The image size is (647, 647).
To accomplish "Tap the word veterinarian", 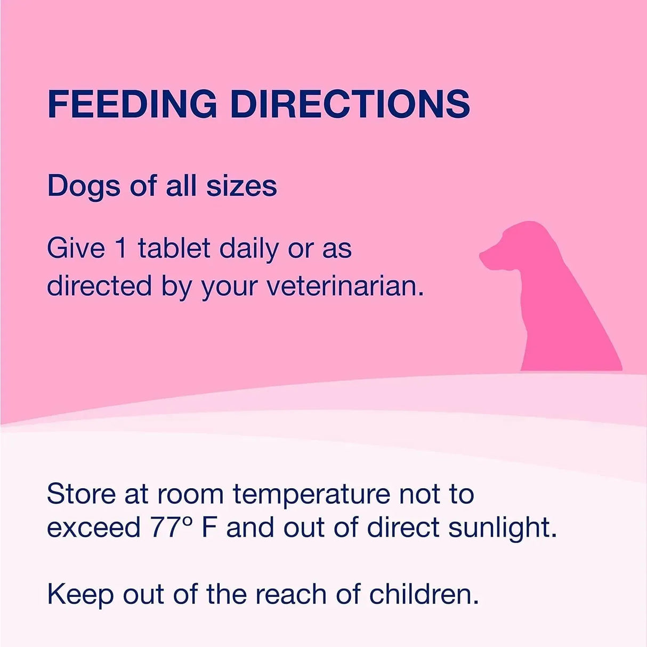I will pos(345,286).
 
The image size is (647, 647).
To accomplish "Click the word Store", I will pos(81,494).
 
